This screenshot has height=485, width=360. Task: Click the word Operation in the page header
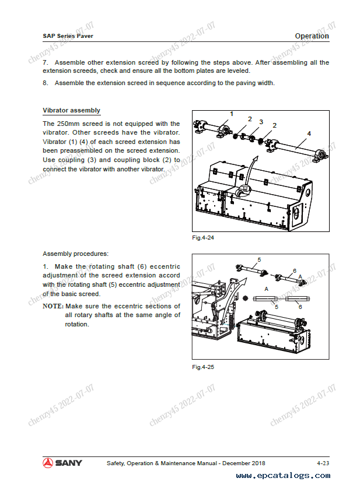click(x=312, y=36)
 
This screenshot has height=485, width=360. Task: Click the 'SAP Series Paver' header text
click(x=68, y=36)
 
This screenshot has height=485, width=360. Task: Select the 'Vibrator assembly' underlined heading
click(x=71, y=110)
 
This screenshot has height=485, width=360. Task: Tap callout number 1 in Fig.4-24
click(x=232, y=114)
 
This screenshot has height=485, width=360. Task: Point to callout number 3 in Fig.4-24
click(x=261, y=122)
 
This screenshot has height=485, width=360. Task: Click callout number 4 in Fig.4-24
click(x=309, y=134)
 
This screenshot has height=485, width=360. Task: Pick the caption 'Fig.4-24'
click(x=204, y=238)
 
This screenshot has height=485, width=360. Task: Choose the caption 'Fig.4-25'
click(x=204, y=367)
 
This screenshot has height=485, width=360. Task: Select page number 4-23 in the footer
click(x=323, y=463)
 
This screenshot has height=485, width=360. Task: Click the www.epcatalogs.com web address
click(x=283, y=476)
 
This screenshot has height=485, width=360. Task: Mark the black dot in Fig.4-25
click(x=245, y=298)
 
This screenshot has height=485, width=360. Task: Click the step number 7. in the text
click(x=46, y=62)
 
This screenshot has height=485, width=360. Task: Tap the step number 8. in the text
click(x=46, y=83)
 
